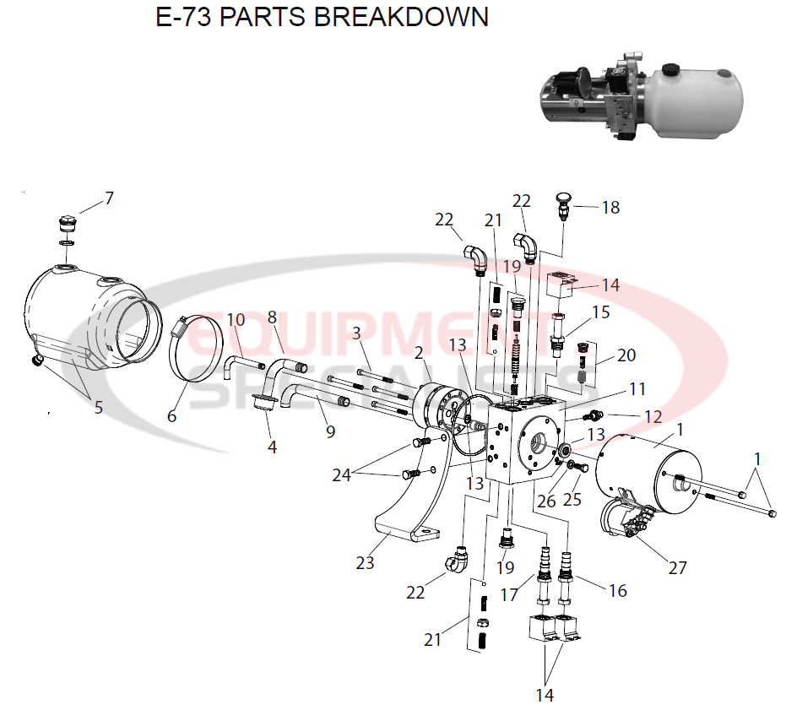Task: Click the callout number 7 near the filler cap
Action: coord(109,199)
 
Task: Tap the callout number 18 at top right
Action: coord(610,208)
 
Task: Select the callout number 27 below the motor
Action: coord(678,567)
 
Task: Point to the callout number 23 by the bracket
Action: coord(365,562)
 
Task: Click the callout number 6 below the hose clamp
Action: coord(172,416)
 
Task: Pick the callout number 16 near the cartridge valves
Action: coord(618,591)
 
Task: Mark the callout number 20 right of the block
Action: coord(626,355)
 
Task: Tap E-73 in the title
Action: coord(183,17)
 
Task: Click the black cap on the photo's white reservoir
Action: coord(671,69)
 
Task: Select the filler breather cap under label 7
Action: coord(65,225)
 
